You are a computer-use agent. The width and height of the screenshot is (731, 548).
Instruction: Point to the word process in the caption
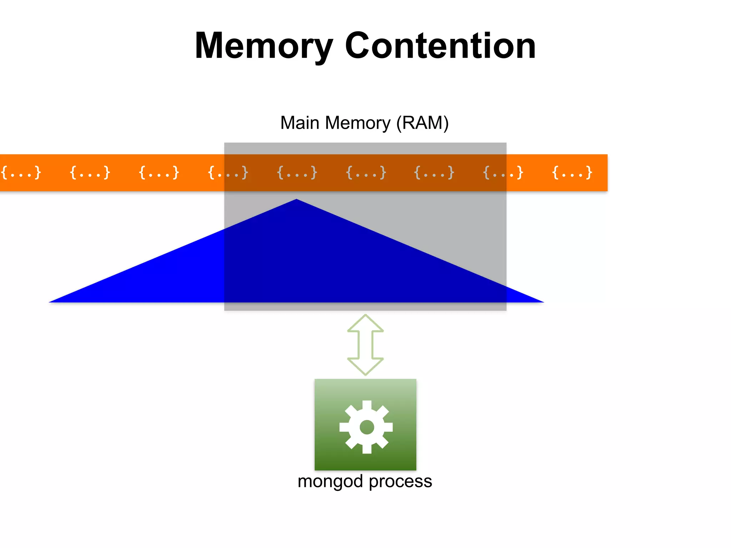tap(400, 482)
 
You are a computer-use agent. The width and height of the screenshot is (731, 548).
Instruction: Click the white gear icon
tap(366, 427)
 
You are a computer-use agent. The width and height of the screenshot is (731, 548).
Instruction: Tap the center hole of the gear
tap(367, 427)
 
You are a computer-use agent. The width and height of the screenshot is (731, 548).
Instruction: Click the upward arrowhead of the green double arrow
tap(365, 323)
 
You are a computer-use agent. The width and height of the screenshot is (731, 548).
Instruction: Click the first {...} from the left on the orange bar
tap(21, 173)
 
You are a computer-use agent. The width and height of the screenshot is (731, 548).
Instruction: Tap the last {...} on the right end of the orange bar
tap(572, 173)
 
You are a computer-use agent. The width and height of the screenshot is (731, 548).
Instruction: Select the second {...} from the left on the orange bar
tap(90, 173)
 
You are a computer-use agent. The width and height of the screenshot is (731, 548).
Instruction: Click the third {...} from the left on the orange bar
tap(159, 173)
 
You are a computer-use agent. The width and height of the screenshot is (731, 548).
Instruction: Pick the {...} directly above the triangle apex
tap(297, 173)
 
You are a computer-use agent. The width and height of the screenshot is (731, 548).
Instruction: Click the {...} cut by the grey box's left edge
tap(228, 173)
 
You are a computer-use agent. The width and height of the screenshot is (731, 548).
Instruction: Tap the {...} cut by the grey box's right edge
tap(503, 173)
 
